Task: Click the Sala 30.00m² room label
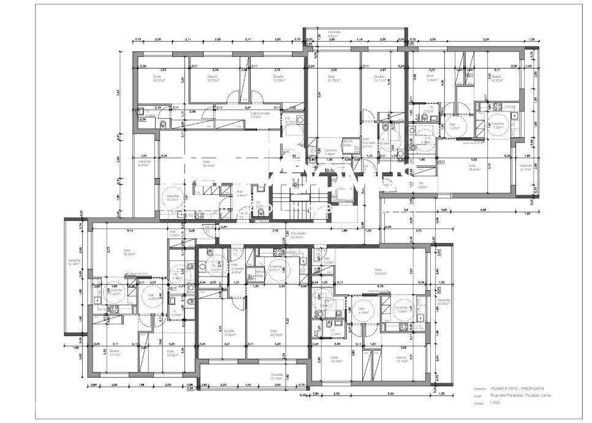pos(210,163)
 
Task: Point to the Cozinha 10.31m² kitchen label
pos(173,198)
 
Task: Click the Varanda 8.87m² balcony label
pos(144,164)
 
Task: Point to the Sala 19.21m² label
pos(127,252)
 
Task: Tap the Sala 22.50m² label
pos(277,333)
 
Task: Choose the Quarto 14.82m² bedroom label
pos(230,333)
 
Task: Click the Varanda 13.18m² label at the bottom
pos(277,377)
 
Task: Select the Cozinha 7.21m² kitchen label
pos(113,293)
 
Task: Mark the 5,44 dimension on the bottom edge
pos(374,386)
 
